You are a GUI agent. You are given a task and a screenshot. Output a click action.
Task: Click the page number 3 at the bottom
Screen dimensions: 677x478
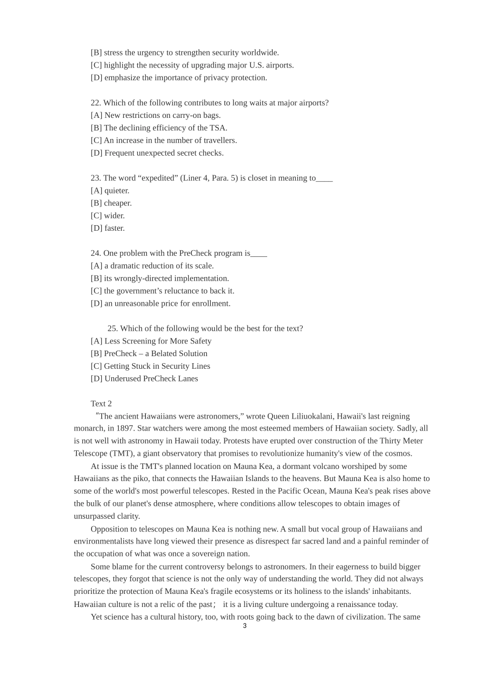(x=245, y=626)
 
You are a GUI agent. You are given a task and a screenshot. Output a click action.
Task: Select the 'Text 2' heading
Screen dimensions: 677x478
(x=101, y=403)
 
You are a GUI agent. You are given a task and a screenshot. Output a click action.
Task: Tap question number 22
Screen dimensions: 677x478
(x=96, y=103)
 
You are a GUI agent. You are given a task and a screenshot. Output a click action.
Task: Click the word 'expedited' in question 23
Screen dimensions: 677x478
(x=159, y=178)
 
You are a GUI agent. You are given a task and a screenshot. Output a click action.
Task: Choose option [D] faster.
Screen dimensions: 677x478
(x=108, y=228)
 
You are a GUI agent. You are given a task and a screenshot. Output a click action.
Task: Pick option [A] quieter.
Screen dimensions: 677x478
(x=110, y=190)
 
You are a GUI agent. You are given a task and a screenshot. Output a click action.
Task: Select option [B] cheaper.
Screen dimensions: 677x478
(x=111, y=203)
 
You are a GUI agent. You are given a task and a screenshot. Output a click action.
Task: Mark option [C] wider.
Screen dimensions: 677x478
(x=108, y=216)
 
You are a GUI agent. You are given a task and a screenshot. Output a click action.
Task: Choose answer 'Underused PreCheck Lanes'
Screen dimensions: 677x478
(x=144, y=379)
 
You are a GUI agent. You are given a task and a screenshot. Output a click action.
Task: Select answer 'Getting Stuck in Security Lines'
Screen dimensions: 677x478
(x=150, y=366)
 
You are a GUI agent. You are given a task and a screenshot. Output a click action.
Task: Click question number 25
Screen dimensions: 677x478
(x=113, y=328)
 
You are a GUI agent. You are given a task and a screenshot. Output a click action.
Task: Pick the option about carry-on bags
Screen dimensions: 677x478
(x=155, y=115)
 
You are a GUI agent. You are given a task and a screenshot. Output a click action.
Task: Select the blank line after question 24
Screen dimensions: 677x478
(x=259, y=253)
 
